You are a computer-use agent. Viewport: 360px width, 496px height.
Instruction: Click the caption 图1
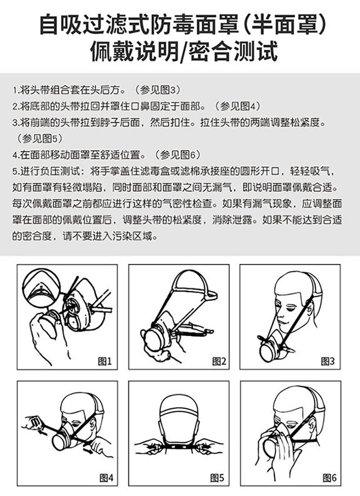105,361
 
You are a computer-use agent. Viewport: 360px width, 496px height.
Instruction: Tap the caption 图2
219,361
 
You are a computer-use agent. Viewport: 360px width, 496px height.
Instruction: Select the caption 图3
328,361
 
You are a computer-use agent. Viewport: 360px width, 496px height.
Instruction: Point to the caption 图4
106,478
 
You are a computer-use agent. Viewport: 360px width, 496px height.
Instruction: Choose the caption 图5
217,478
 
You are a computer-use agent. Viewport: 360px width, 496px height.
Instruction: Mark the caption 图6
329,478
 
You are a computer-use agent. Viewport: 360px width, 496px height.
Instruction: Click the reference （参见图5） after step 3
38,139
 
